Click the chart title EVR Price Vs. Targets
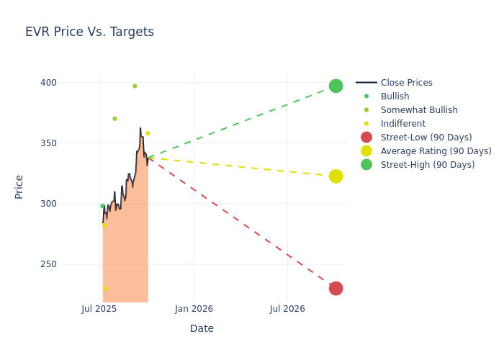(89, 32)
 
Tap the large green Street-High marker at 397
(336, 86)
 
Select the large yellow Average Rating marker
(336, 176)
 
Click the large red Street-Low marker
(336, 288)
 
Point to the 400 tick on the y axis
(48, 83)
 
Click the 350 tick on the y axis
(48, 143)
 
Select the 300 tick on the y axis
(48, 204)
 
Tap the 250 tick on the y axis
(48, 264)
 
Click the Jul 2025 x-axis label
(99, 309)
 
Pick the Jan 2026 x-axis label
(194, 309)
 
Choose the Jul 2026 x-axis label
(287, 309)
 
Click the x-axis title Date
(202, 328)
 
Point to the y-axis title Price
(19, 186)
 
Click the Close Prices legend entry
(406, 83)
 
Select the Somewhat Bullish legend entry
(419, 110)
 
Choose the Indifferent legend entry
(402, 124)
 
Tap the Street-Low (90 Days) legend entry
(426, 138)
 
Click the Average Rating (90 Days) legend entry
(436, 151)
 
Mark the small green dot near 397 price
(135, 86)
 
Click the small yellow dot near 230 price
(106, 288)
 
